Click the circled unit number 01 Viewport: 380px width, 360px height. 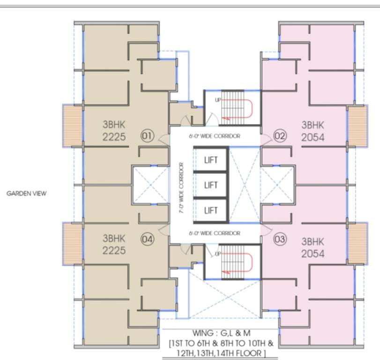147,136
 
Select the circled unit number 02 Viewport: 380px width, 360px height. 280,136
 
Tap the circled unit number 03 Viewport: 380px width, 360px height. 280,240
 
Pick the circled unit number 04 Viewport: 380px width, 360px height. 147,240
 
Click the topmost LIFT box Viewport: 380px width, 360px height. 211,160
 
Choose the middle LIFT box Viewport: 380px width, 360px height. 211,185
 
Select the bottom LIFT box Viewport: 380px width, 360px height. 211,210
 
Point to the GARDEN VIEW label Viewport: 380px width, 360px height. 26,193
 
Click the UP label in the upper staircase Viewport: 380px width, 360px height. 218,100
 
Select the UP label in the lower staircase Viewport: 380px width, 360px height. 218,254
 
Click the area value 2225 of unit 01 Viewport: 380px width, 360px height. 114,137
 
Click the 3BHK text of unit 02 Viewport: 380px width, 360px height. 313,125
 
